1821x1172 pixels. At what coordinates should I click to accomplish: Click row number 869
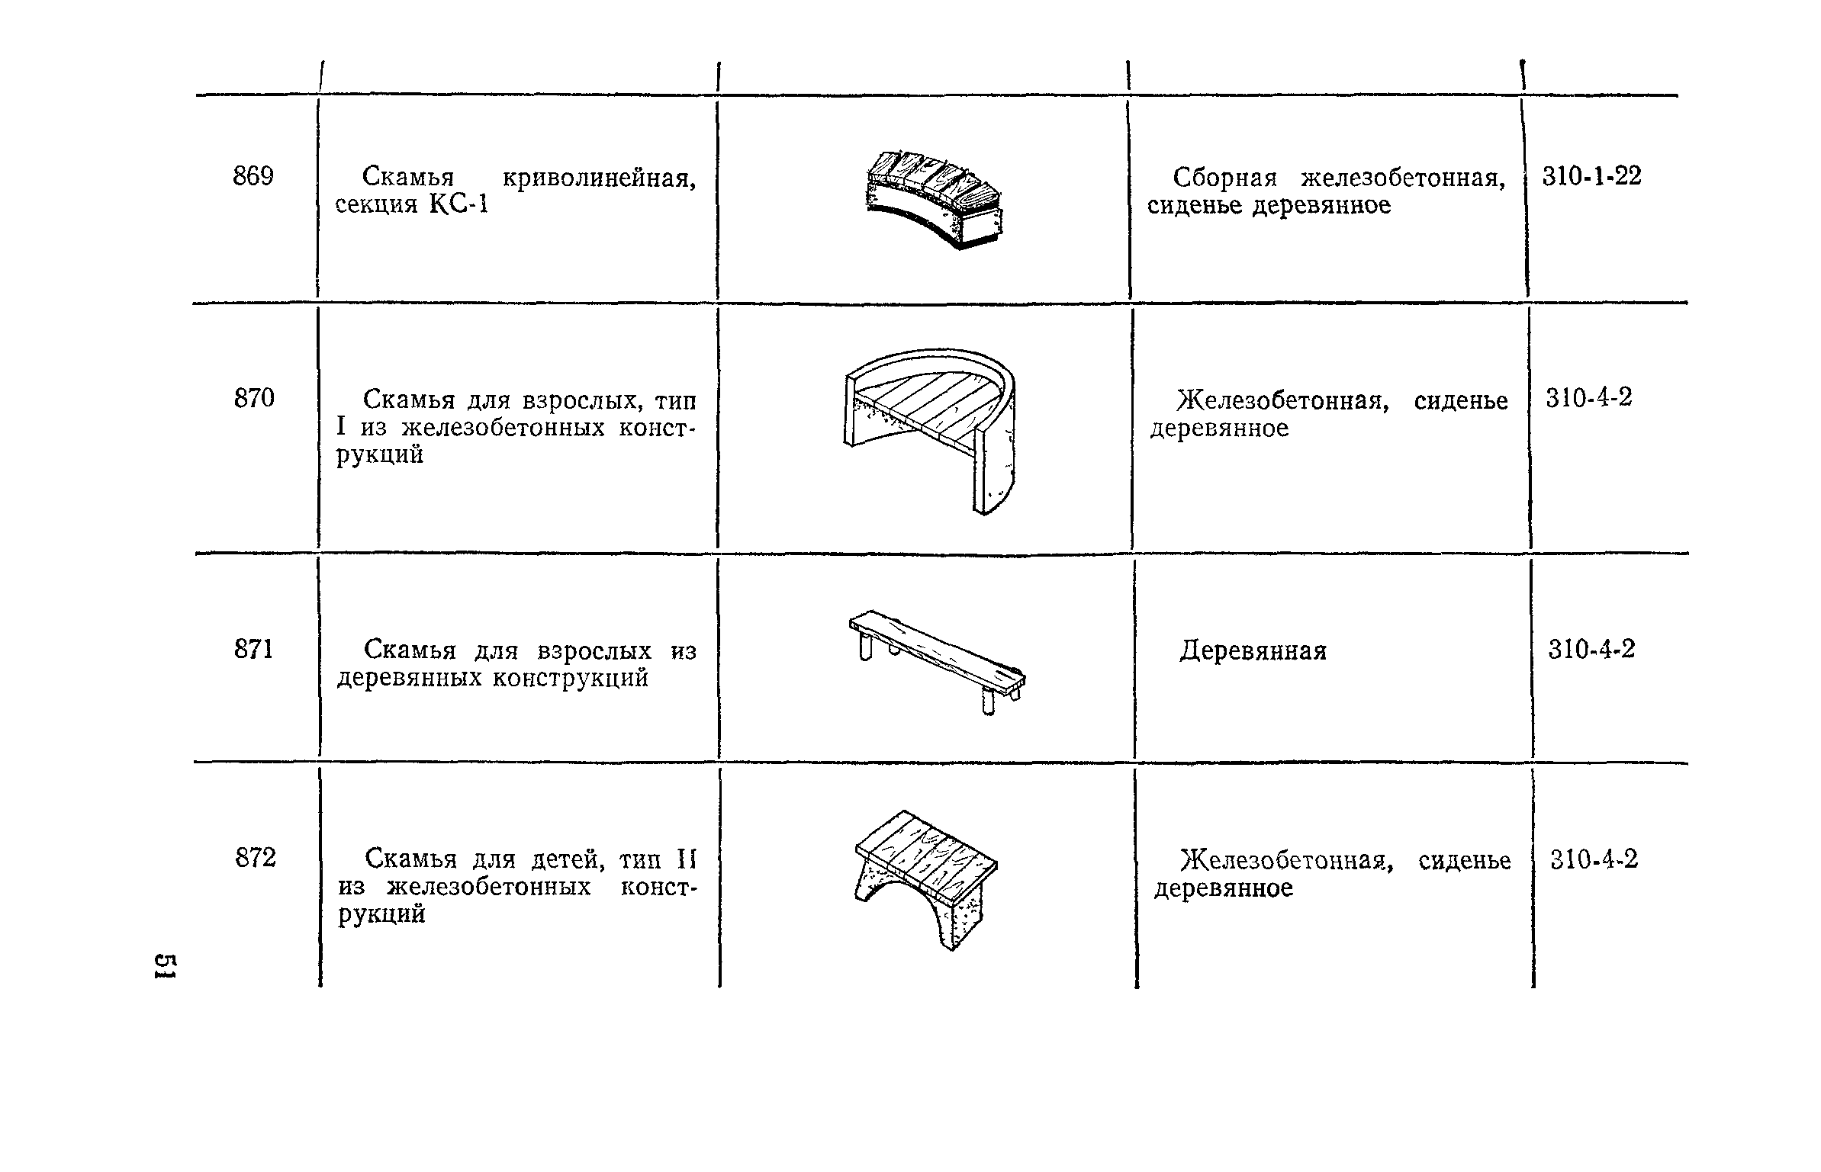point(253,177)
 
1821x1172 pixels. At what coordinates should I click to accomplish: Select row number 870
point(254,398)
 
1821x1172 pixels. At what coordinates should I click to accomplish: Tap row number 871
point(253,650)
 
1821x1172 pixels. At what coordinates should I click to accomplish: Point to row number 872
point(256,859)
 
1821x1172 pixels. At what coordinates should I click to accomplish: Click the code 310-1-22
point(1591,177)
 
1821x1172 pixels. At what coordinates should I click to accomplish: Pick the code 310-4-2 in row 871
point(1591,650)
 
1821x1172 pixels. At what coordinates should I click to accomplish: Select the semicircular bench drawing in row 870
point(931,427)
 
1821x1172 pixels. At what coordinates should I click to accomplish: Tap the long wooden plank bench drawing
point(938,660)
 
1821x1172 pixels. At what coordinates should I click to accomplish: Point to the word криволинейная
point(599,178)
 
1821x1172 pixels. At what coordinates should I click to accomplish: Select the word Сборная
point(1226,178)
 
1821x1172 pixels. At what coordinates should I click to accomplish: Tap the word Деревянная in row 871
point(1253,651)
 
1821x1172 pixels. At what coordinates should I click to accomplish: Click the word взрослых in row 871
point(595,651)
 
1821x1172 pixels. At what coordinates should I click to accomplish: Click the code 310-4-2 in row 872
point(1594,860)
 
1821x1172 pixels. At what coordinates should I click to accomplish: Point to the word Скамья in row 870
point(408,400)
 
